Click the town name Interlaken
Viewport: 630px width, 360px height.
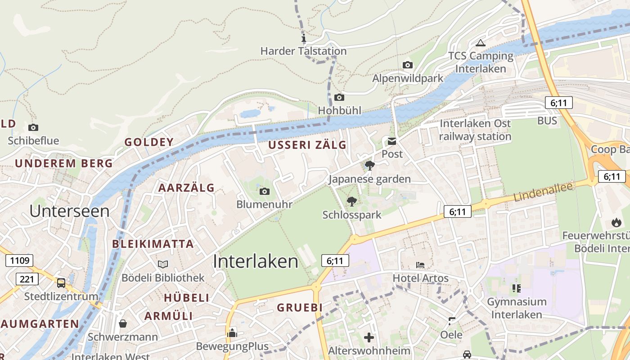tap(255, 261)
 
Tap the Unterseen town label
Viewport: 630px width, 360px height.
tap(69, 211)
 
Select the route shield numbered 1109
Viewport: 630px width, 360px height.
tap(20, 260)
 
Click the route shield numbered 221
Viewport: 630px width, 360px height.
tap(27, 279)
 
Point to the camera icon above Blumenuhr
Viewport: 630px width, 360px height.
tap(265, 192)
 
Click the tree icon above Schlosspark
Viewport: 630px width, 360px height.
tap(351, 202)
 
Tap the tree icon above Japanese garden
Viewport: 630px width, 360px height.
tap(370, 166)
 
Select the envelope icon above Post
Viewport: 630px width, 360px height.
tap(392, 141)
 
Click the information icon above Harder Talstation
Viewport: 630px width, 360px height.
tap(304, 38)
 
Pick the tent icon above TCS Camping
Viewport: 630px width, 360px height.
tap(480, 43)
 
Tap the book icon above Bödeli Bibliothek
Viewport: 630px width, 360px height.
tap(163, 264)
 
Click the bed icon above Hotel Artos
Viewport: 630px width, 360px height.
tap(420, 265)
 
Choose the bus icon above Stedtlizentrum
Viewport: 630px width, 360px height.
tap(61, 283)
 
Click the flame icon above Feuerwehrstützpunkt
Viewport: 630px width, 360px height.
tap(616, 222)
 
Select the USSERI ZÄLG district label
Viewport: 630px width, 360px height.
tap(307, 145)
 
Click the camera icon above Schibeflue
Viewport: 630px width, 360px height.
tap(33, 128)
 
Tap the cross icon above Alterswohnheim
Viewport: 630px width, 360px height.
tap(369, 337)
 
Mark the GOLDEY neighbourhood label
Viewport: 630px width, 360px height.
tap(149, 142)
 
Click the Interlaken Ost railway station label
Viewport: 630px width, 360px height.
tap(475, 130)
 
